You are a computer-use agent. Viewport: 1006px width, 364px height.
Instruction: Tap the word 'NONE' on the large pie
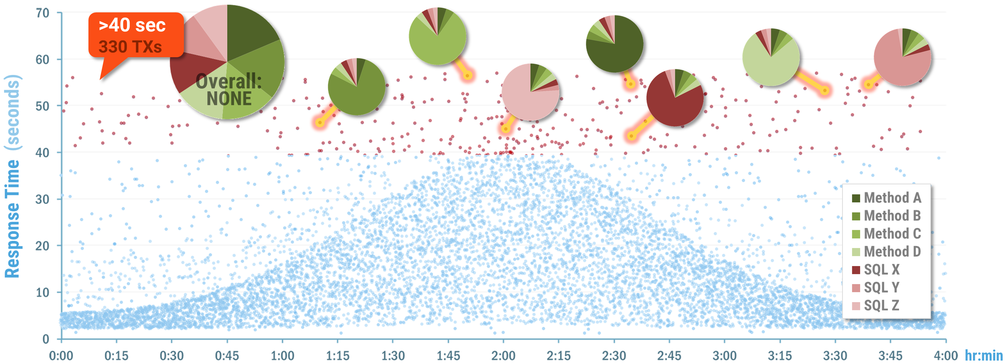point(229,99)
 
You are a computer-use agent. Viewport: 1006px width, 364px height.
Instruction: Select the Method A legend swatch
point(856,198)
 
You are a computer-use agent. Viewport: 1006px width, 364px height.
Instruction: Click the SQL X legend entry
point(881,270)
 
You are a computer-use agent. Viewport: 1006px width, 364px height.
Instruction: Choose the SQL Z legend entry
point(881,305)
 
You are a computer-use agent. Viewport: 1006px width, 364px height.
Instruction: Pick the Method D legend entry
point(892,252)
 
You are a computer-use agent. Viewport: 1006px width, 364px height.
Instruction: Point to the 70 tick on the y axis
point(43,13)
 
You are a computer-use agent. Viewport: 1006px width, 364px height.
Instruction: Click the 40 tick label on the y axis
point(43,153)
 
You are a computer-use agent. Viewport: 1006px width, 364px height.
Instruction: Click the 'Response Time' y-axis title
point(12,218)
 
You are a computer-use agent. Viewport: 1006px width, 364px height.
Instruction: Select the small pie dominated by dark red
point(674,98)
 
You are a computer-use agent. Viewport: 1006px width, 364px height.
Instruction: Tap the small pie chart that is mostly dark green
point(614,44)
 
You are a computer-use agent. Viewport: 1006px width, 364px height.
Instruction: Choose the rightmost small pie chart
point(902,57)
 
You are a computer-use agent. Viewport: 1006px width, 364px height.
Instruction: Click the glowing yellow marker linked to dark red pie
point(631,136)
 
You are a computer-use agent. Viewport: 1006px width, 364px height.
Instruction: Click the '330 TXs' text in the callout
point(130,47)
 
